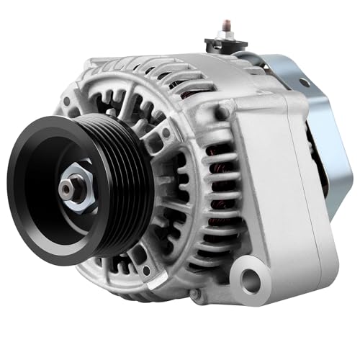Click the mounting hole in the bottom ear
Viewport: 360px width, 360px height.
tap(249, 277)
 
